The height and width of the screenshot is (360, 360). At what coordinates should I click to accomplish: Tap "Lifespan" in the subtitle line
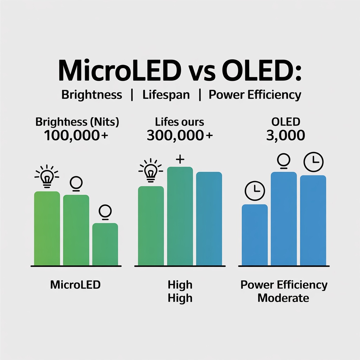click(x=166, y=95)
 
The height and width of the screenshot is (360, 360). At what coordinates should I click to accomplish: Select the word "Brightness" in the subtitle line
click(x=92, y=95)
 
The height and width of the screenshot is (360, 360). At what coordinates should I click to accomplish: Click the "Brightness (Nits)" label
click(x=77, y=122)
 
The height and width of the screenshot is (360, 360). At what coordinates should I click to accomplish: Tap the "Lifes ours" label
click(x=180, y=122)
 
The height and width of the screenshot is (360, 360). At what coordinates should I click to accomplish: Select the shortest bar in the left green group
click(x=105, y=244)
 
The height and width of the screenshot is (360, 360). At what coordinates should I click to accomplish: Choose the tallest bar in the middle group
click(x=180, y=216)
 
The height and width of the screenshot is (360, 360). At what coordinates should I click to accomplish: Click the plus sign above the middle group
click(x=180, y=160)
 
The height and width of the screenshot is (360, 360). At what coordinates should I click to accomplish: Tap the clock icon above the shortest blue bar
click(x=255, y=191)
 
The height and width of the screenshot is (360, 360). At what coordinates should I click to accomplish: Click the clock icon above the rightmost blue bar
click(x=313, y=162)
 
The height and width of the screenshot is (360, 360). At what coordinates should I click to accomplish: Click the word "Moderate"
click(x=283, y=298)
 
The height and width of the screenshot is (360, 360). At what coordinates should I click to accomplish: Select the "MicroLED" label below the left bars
click(x=75, y=284)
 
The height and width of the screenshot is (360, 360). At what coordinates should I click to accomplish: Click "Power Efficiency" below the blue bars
click(x=284, y=285)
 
